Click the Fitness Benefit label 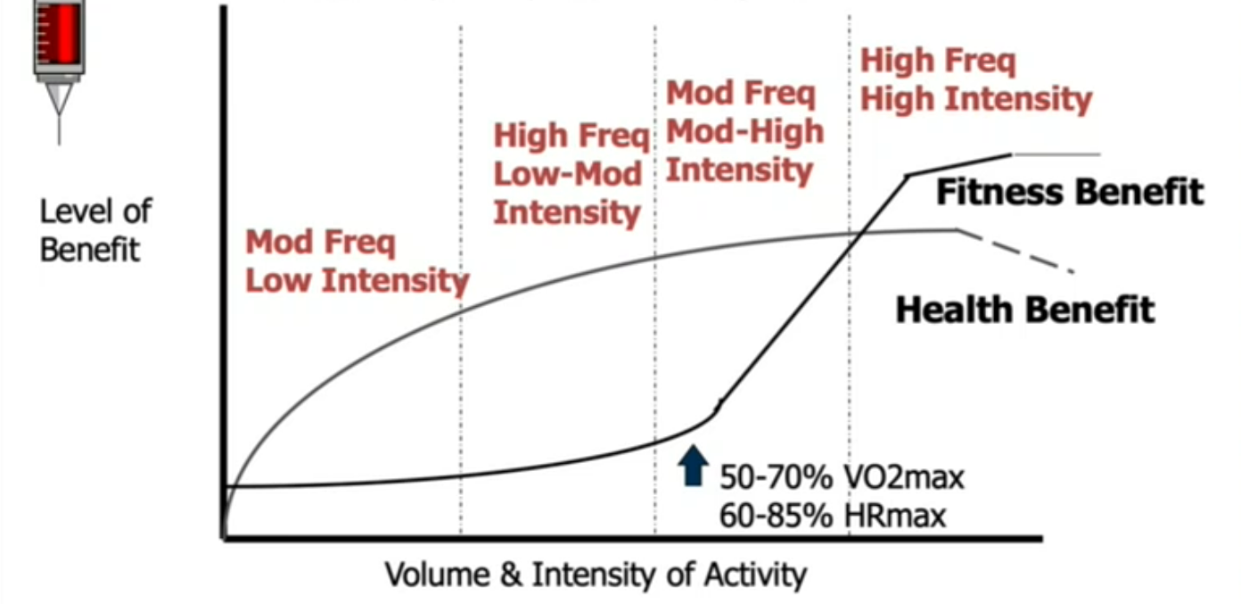tap(1069, 192)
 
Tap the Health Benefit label tap(1024, 310)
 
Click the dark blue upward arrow tap(692, 466)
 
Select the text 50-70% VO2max tap(842, 477)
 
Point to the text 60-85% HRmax tap(832, 516)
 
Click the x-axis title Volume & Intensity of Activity tap(595, 574)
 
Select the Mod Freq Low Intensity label tap(357, 261)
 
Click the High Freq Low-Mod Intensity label tap(569, 175)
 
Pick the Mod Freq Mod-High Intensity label tap(744, 131)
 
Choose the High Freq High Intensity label tap(975, 80)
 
